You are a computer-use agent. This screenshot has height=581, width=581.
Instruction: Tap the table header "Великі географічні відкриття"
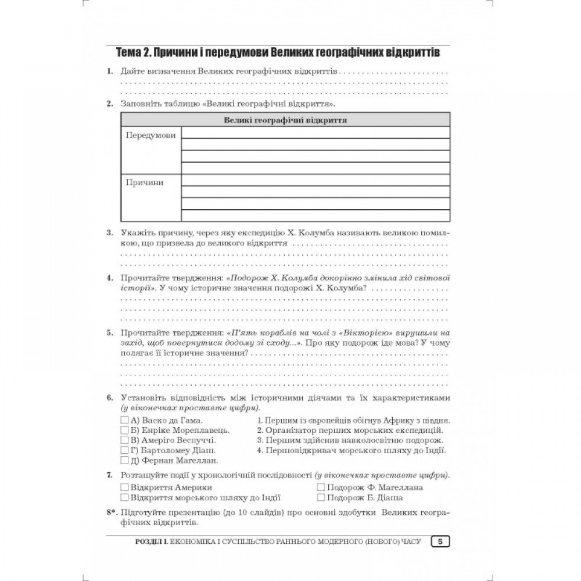coord(285,120)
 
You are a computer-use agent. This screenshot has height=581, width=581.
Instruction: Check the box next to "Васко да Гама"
coord(124,420)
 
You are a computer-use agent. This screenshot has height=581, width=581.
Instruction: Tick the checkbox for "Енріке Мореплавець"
coord(124,431)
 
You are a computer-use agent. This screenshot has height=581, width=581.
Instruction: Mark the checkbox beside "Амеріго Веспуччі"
coord(124,440)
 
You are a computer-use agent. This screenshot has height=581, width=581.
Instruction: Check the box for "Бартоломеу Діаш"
coord(124,450)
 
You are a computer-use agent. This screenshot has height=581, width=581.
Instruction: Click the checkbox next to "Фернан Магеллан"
coord(124,461)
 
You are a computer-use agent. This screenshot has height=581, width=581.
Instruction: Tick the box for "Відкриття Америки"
coord(124,487)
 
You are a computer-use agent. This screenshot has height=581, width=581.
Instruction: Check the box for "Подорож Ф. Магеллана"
coord(321,487)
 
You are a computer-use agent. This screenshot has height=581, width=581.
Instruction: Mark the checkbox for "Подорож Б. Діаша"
coord(321,498)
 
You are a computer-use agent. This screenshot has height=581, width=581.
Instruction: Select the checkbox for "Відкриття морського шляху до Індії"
coord(124,498)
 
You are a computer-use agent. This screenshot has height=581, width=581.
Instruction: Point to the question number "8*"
coord(112,514)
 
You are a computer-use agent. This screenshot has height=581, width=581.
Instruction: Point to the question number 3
coord(109,233)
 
